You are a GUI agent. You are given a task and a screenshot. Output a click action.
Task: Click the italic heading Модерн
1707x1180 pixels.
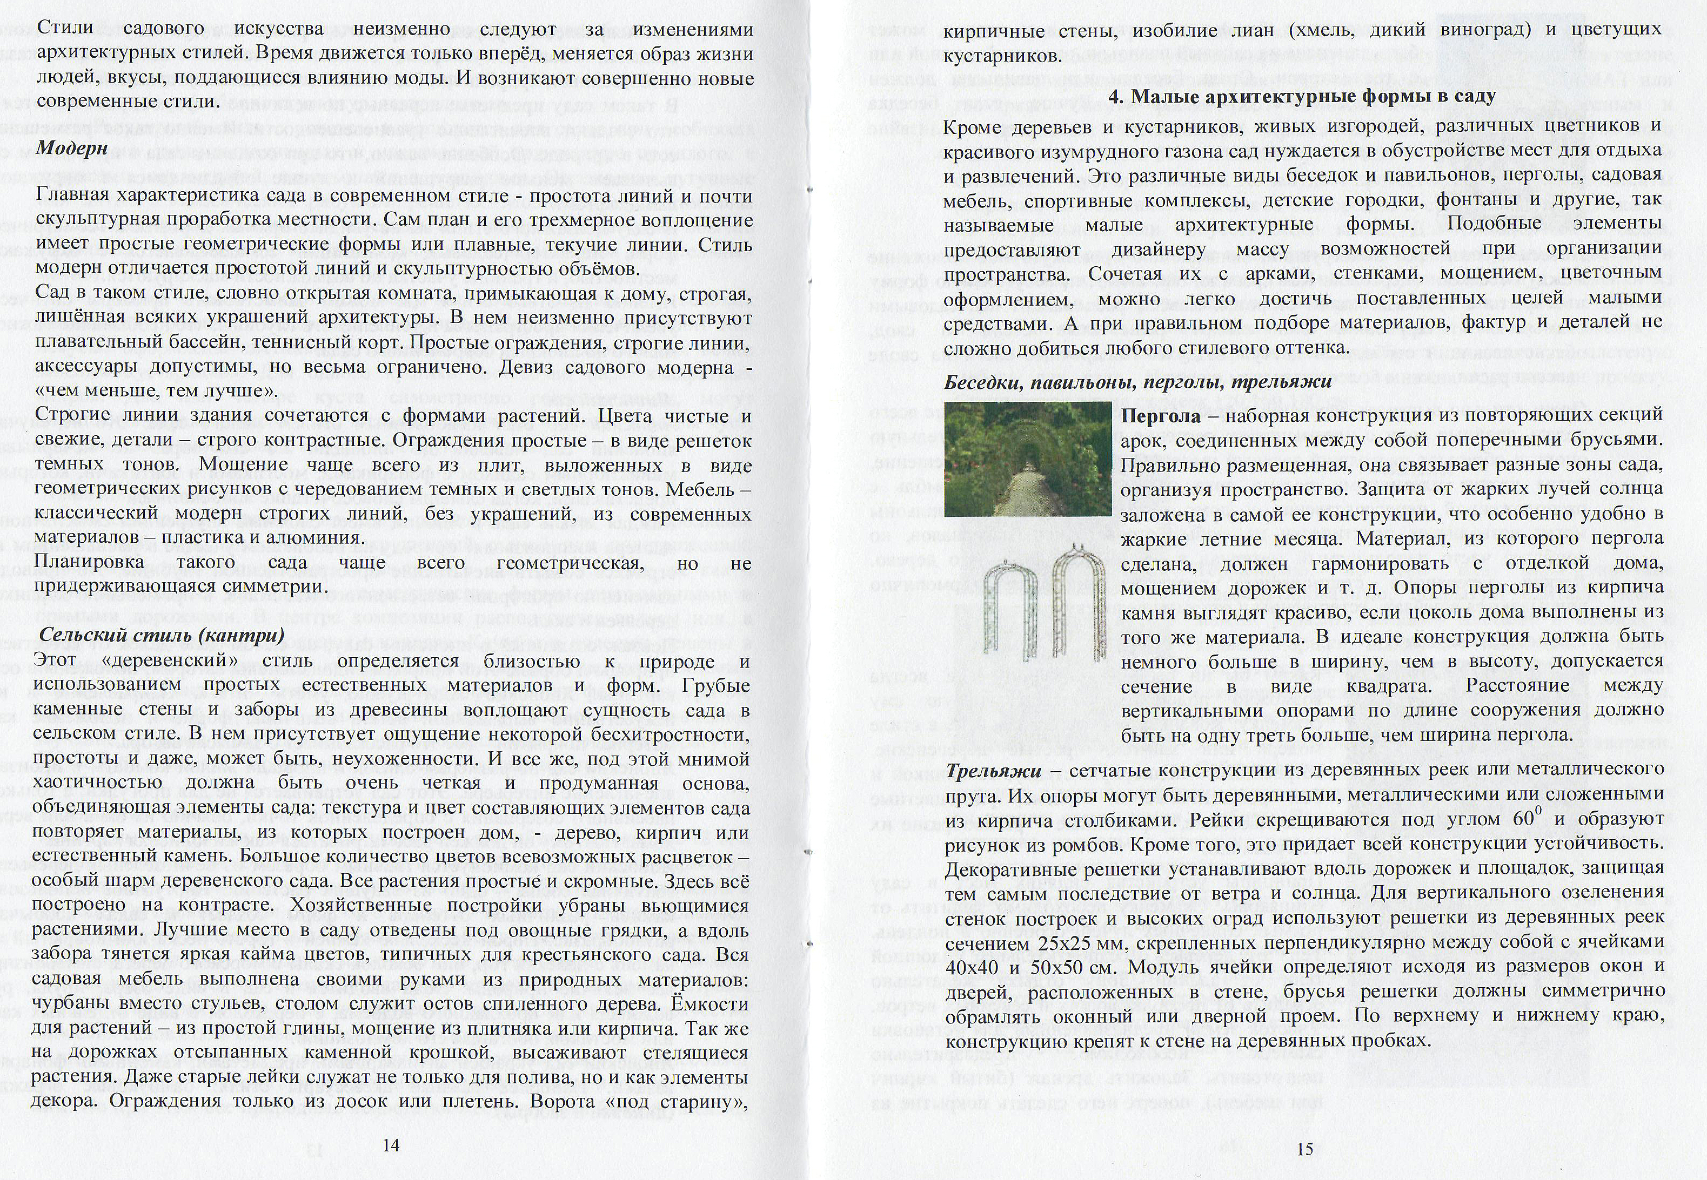72,148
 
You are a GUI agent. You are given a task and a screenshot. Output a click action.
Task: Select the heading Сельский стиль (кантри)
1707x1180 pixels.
161,635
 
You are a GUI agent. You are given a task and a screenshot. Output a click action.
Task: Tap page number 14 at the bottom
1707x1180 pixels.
391,1145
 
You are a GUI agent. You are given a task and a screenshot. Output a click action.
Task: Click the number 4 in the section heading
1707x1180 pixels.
1115,97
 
